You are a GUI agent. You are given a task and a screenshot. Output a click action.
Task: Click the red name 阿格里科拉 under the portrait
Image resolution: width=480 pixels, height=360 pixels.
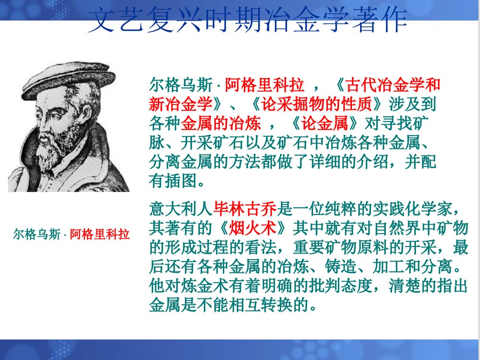[x=100, y=235]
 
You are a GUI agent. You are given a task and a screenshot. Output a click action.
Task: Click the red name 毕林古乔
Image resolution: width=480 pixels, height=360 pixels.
[x=245, y=209]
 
